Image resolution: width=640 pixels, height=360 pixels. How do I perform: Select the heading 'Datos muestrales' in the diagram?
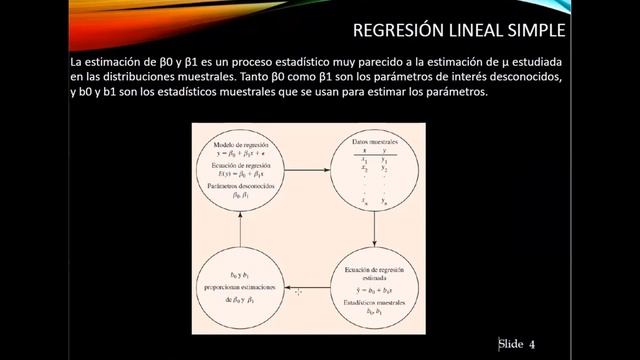click(x=372, y=142)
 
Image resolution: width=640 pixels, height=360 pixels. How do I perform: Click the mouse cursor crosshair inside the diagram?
click(x=297, y=291)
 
